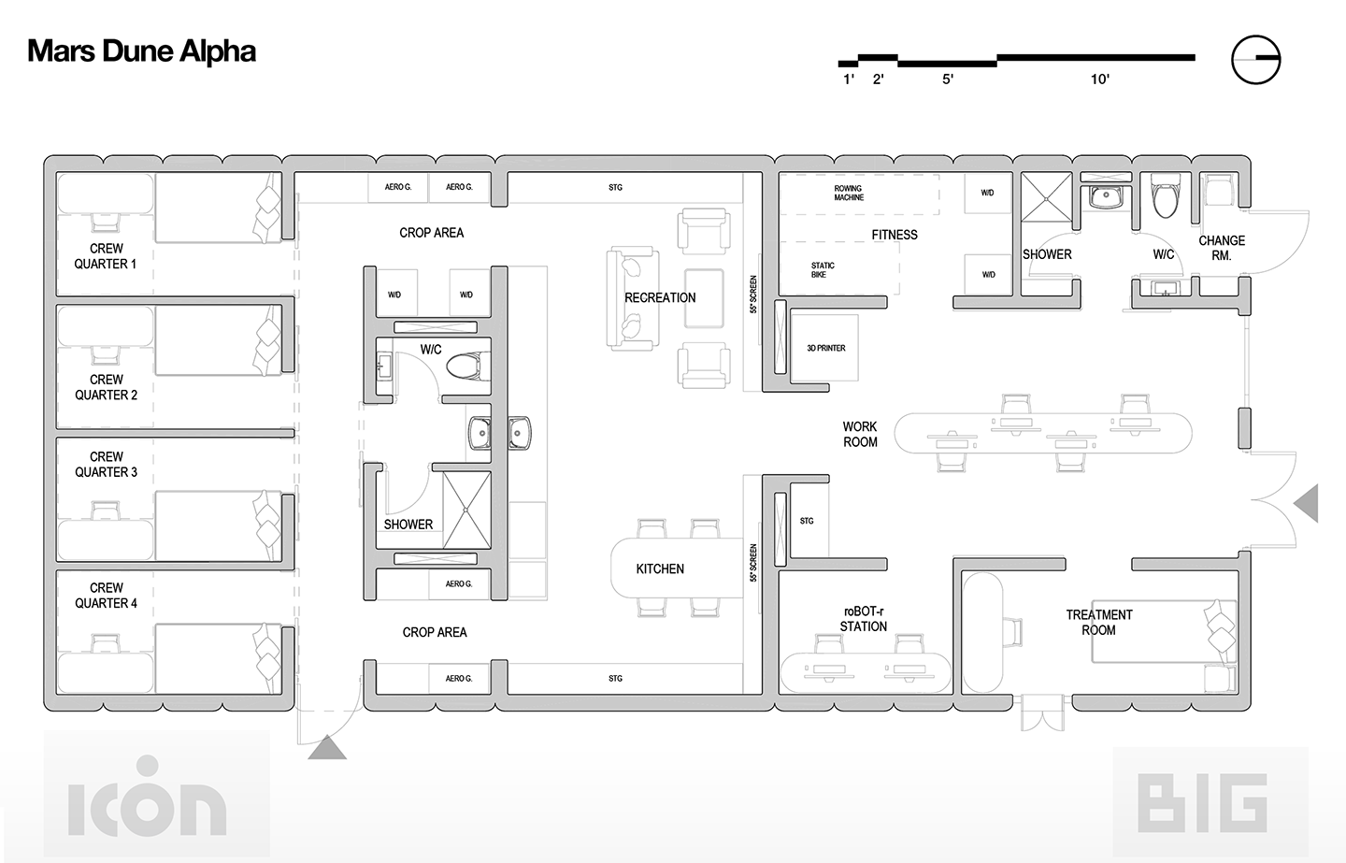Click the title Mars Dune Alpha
coord(141,51)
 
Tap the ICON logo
coord(147,802)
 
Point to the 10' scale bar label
coord(1100,79)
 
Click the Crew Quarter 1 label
coord(106,256)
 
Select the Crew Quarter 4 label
coord(106,596)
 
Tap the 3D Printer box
coord(825,348)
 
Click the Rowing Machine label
coord(849,194)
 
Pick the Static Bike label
coord(823,270)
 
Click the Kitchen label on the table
coord(660,568)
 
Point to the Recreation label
coord(660,297)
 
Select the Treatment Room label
coord(1099,623)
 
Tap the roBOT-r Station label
coord(864,619)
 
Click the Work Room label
coord(860,435)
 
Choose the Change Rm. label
coord(1222,248)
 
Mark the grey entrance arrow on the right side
coord(1307,504)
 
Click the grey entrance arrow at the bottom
coord(327,748)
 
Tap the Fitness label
coord(895,235)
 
